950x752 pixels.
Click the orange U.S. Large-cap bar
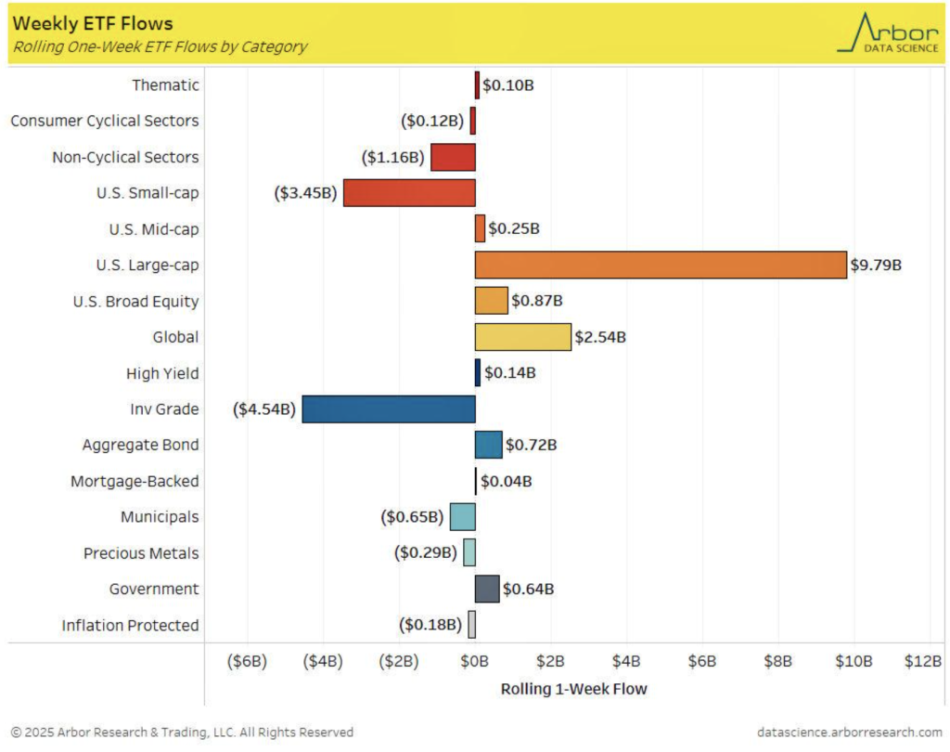point(661,265)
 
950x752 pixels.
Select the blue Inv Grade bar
point(389,408)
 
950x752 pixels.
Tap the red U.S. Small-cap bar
point(409,193)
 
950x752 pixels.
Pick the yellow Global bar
point(522,337)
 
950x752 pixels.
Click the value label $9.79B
point(877,266)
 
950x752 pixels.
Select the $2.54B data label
point(600,337)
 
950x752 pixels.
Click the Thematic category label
point(165,85)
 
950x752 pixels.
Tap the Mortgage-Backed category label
point(135,481)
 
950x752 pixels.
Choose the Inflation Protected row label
point(130,625)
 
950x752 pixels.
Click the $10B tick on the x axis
point(854,661)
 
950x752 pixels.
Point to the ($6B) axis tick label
point(248,661)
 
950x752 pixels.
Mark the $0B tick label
point(475,661)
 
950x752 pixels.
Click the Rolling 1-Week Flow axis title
point(573,689)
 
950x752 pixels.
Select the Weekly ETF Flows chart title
point(93,23)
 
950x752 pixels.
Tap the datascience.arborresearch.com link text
point(850,733)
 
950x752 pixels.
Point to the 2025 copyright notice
point(182,733)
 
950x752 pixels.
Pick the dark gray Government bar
point(487,589)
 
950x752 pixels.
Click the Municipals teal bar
point(463,517)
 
